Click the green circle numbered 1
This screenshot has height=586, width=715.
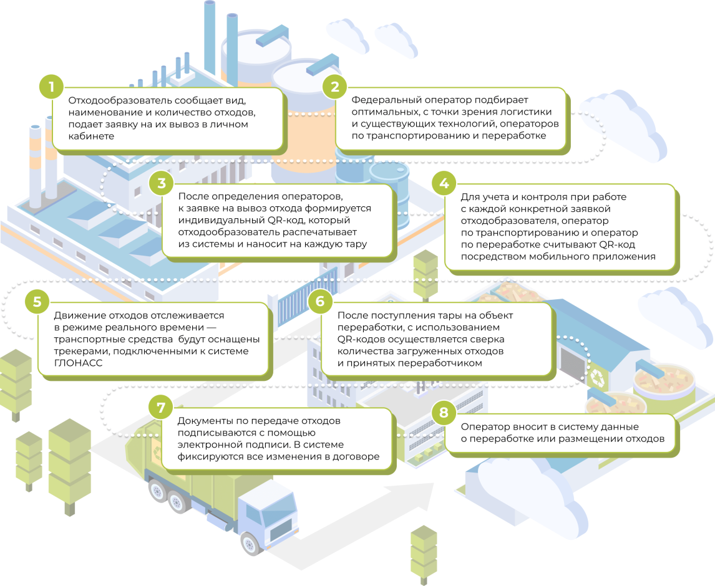click(x=51, y=87)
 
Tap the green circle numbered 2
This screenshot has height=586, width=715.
click(x=334, y=87)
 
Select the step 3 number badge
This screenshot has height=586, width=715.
click(x=162, y=183)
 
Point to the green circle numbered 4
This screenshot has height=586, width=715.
click(x=444, y=183)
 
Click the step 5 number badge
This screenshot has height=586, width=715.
click(x=37, y=302)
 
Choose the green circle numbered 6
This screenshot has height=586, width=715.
click(x=320, y=301)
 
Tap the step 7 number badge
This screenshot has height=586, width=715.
click(x=161, y=407)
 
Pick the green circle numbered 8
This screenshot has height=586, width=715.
click(x=444, y=413)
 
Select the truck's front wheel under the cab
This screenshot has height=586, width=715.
click(x=250, y=543)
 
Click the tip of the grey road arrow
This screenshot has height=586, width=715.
click(x=434, y=484)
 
